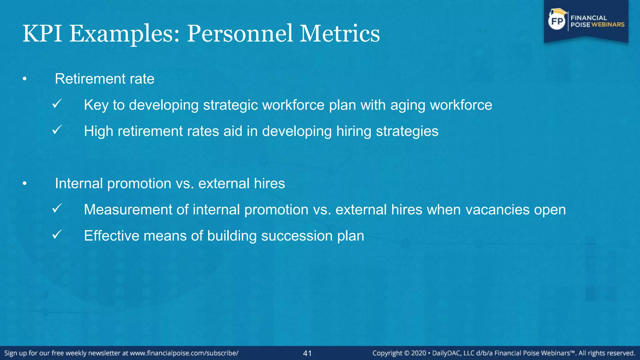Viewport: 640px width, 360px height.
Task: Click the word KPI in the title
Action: coord(42,33)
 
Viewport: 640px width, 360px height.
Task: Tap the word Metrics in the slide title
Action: coord(340,33)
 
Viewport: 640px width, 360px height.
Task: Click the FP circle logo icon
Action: coord(557,21)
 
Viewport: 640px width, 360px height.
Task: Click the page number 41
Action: coord(307,353)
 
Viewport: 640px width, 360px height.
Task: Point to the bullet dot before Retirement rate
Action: coord(25,79)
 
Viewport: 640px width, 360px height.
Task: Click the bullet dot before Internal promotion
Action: coord(25,184)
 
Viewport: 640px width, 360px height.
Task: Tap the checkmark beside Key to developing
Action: coord(57,103)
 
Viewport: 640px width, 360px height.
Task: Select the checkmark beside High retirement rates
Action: coord(57,130)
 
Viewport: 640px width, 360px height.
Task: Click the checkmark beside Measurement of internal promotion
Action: coord(57,208)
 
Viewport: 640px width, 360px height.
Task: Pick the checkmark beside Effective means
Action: coord(57,234)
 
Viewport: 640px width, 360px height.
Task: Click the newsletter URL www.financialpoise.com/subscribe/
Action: coord(184,353)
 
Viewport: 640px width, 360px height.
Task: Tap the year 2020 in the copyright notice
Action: coord(418,353)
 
